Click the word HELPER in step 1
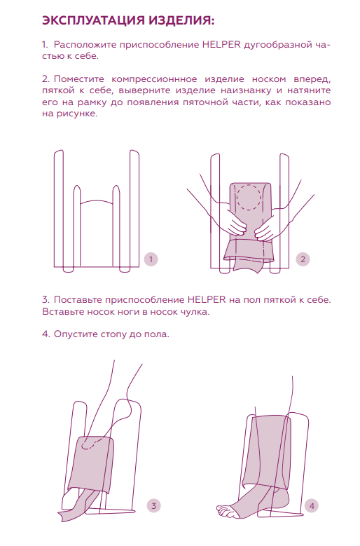pos(221,45)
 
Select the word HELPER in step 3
pos(207,300)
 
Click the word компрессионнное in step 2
pos(154,79)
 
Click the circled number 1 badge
pos(151,259)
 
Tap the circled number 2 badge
pos(303,259)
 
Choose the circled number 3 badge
pos(154,506)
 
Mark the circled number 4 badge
pos(312,506)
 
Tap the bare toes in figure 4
pos(224,510)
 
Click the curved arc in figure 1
pos(97,200)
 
